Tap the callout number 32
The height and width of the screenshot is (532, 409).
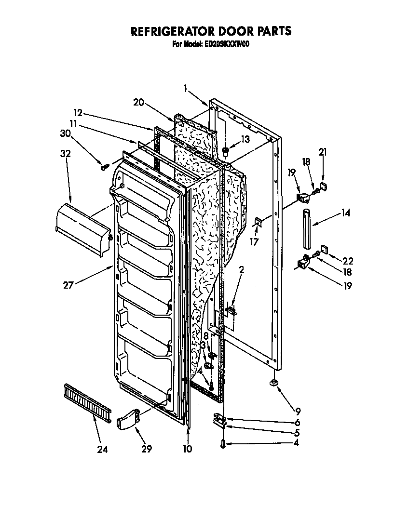66,154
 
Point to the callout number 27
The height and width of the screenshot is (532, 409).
68,285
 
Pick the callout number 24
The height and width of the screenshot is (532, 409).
102,449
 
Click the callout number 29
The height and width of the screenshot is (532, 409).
147,449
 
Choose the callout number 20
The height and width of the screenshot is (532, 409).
139,102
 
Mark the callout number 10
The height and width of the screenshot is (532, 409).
188,449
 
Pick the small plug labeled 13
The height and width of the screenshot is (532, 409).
225,153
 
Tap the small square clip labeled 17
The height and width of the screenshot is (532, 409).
259,221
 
